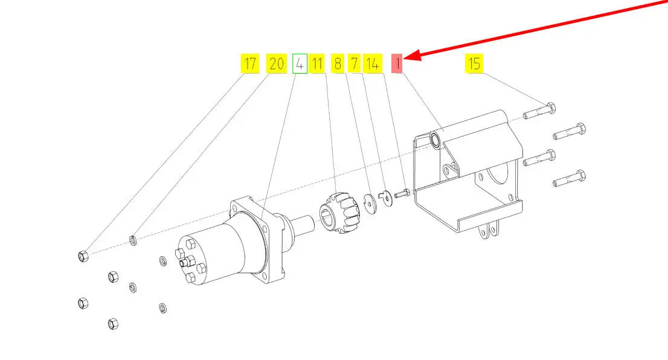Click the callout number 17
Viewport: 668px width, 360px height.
coord(249,63)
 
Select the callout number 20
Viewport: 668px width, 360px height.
coord(277,63)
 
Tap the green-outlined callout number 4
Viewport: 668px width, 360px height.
coord(300,63)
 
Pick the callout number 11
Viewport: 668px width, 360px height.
coord(317,63)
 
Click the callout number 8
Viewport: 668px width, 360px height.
coord(337,63)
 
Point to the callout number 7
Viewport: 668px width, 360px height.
coord(355,63)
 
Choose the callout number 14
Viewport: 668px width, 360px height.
coord(373,63)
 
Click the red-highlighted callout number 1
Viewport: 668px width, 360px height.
coord(397,63)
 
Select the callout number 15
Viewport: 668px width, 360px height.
coord(475,63)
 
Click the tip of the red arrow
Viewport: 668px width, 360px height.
coord(406,59)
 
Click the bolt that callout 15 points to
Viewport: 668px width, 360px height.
coord(539,112)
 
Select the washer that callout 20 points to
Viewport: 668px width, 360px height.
coord(133,242)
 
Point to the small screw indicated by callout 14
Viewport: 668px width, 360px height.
coord(402,194)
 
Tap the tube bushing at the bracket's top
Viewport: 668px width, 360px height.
coord(435,141)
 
